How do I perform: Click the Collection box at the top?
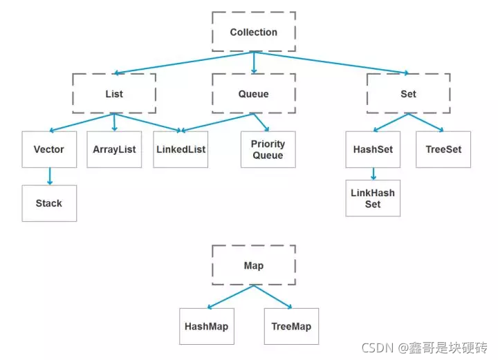coord(254,32)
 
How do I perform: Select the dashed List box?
coord(114,93)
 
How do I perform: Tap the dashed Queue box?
coord(254,93)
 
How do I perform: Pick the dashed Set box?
coord(409,93)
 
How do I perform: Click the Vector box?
coord(49,149)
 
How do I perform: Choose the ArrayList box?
coord(114,149)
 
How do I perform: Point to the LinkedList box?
coord(181,149)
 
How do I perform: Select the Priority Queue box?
coord(268,149)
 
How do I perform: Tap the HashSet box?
coord(373,149)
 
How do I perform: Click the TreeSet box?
coord(443,149)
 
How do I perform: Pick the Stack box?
coord(49,203)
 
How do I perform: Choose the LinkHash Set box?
coord(373,198)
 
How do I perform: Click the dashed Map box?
coord(254,265)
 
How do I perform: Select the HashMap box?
coord(207,326)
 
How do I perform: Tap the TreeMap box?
coord(292,326)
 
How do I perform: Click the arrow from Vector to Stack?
coord(50,176)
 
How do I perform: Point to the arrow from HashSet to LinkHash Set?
coord(373,174)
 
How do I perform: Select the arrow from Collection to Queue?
coord(254,63)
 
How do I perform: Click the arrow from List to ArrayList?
coord(115,122)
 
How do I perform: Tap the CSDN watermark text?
coord(424,348)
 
